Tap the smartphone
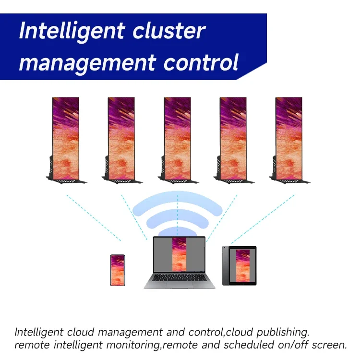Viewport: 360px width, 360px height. [x=118, y=270]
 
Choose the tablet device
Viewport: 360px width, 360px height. [x=240, y=265]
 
